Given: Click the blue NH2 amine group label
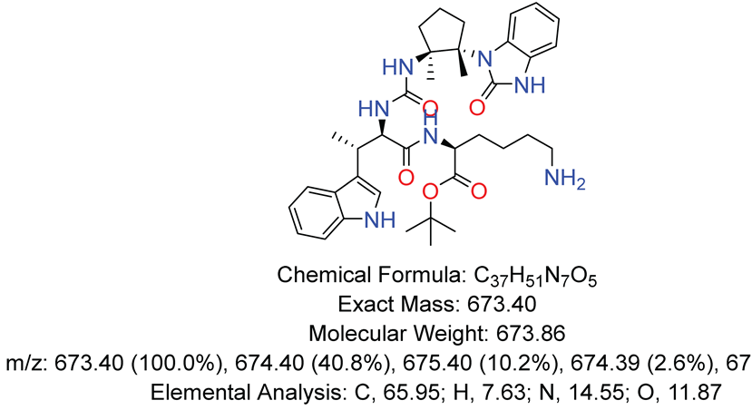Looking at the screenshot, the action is pyautogui.click(x=564, y=180).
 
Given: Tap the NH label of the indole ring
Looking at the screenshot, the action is pyautogui.click(x=380, y=220).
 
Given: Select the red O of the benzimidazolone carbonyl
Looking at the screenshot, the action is pyautogui.click(x=477, y=107).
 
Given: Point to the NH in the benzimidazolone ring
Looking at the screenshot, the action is pyautogui.click(x=530, y=86).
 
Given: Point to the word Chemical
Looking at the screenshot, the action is pyautogui.click(x=321, y=275).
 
